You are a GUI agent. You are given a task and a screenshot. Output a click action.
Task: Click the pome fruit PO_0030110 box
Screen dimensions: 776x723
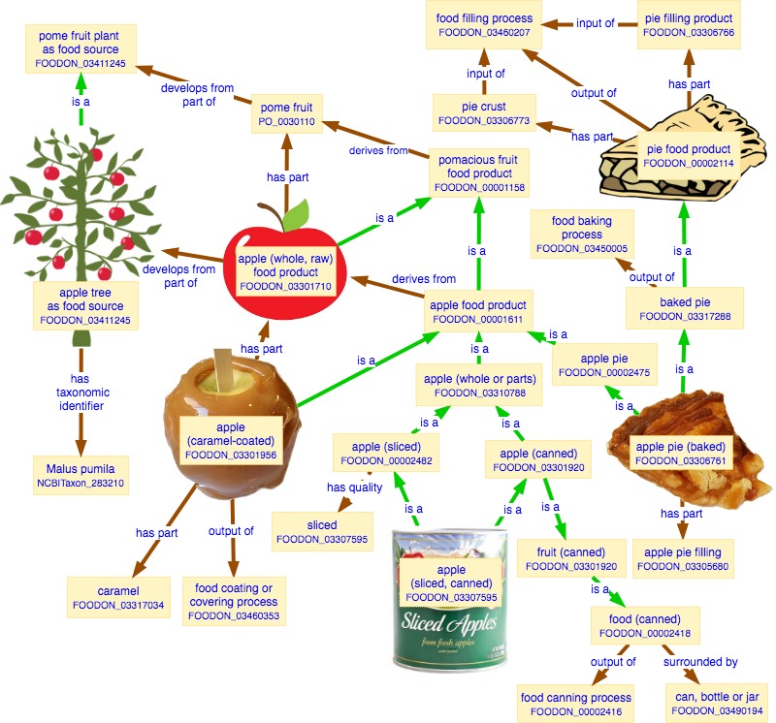[286, 113]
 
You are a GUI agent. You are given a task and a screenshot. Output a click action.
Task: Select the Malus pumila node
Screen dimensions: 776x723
[81, 475]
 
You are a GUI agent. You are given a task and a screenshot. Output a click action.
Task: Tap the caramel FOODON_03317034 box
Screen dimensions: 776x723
[118, 597]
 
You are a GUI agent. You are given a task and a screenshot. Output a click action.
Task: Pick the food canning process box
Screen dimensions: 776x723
[575, 704]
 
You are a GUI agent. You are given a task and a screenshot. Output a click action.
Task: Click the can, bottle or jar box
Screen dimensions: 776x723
[717, 704]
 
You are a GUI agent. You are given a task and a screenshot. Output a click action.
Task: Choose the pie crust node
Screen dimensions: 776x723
[484, 113]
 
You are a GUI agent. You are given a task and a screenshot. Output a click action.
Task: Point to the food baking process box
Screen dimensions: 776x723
[582, 234]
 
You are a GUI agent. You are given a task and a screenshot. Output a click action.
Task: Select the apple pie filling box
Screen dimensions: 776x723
[683, 559]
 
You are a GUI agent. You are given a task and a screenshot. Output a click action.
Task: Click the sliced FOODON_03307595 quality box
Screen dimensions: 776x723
[322, 532]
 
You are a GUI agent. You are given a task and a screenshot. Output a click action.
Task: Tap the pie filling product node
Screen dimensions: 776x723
[689, 25]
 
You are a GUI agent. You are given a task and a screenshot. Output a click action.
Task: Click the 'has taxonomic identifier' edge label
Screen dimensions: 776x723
[81, 393]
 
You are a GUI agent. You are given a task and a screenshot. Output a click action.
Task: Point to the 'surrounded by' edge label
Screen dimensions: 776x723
[700, 662]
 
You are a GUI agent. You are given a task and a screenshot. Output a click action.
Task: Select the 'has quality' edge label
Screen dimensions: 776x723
[354, 487]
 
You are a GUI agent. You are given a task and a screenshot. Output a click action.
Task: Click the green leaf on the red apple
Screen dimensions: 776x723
[296, 215]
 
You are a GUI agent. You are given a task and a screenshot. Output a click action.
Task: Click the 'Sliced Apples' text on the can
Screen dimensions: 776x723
[449, 623]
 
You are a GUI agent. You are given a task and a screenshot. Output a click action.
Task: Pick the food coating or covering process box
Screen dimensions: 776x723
[234, 601]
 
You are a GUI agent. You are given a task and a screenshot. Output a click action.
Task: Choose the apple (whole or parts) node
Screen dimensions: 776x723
[479, 385]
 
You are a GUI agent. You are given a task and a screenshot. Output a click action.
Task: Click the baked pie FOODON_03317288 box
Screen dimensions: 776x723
[685, 308]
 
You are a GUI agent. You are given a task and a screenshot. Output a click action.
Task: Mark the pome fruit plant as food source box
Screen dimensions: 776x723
[81, 49]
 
